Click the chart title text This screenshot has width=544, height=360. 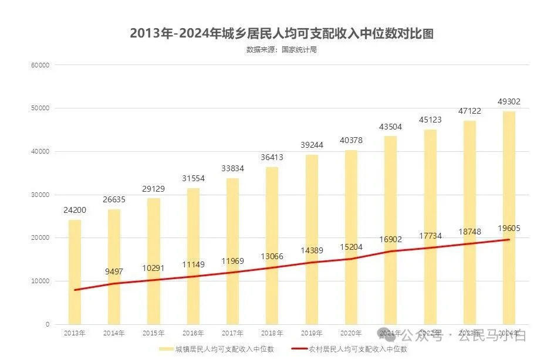282,33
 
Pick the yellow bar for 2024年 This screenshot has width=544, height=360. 509,218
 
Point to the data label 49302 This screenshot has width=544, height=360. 508,101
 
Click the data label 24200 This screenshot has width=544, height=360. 75,210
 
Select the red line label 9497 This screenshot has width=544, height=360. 114,271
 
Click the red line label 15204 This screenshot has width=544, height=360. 351,247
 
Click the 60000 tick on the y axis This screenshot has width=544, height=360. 40,65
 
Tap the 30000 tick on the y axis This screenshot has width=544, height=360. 40,195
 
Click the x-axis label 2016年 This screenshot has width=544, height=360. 193,334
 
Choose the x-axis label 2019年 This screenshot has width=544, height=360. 312,334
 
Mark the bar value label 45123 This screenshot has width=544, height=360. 430,120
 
